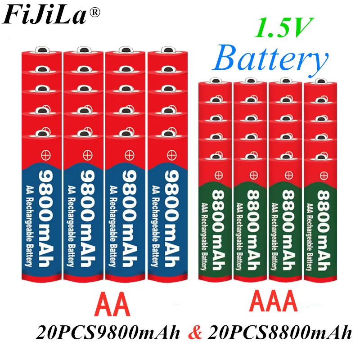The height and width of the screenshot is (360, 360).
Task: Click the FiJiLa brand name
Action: [44, 15]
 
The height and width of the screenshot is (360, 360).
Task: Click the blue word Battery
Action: [270, 58]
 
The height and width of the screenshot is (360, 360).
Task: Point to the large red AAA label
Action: [273, 301]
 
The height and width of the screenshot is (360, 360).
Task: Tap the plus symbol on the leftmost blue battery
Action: [46, 155]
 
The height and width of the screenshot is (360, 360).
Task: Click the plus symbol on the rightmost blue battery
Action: [172, 155]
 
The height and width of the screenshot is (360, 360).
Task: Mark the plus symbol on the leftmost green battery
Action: [219, 175]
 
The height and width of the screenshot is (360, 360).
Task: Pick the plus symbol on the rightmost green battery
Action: [324, 175]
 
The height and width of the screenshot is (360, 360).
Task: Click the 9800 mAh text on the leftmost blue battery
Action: [46, 219]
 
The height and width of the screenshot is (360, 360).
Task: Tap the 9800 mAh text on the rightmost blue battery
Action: [172, 219]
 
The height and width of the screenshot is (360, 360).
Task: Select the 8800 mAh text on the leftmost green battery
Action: [218, 230]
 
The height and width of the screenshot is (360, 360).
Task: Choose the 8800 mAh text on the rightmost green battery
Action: [324, 230]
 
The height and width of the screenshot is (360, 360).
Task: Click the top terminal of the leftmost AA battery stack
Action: [41, 49]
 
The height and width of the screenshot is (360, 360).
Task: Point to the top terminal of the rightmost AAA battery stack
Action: [321, 81]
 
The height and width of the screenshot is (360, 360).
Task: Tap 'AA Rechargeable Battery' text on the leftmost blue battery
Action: [29, 226]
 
